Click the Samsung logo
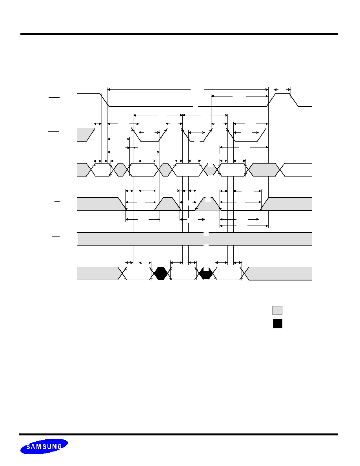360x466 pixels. pos(44,446)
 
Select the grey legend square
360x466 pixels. pos(277,310)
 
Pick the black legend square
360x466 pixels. pos(277,324)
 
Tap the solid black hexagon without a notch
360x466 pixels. pos(161,273)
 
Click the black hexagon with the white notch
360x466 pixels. pos(205,273)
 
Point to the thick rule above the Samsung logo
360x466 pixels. pos(178,435)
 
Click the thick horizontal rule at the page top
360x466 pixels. pos(179,34)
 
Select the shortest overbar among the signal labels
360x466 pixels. pos(57,201)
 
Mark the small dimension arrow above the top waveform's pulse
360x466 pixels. pos(282,89)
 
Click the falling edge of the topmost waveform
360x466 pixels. pos(104,100)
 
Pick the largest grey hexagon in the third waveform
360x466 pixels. pos(264,170)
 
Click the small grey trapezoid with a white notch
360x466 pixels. pos(208,204)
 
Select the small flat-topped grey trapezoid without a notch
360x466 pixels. pos(167,204)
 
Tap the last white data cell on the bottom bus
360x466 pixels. pos(228,273)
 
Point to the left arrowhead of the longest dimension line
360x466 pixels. pos(109,89)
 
